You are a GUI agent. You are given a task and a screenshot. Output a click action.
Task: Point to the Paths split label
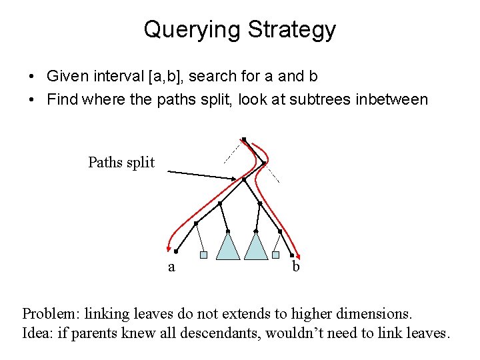[x=121, y=162]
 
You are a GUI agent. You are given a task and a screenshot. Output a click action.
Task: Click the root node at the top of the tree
[x=244, y=139]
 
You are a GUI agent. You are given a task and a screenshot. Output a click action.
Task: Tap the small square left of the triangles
[x=204, y=255]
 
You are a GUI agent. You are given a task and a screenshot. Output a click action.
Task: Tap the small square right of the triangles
[x=275, y=255]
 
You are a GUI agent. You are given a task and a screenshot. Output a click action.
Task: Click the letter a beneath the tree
[x=171, y=267]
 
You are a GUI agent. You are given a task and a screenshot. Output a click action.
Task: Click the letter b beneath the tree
[x=296, y=267]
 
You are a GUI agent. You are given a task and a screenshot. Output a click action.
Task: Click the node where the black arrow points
[x=244, y=179]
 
